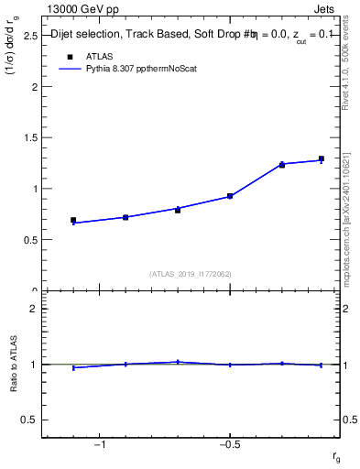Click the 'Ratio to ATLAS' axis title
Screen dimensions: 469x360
tap(14, 365)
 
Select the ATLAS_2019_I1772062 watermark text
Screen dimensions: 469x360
tap(191, 274)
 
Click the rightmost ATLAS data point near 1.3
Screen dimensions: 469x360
tap(322, 158)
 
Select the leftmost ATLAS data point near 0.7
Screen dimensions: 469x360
tap(73, 220)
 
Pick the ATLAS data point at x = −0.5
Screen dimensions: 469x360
tap(230, 196)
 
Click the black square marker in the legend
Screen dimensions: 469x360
tap(65, 56)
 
